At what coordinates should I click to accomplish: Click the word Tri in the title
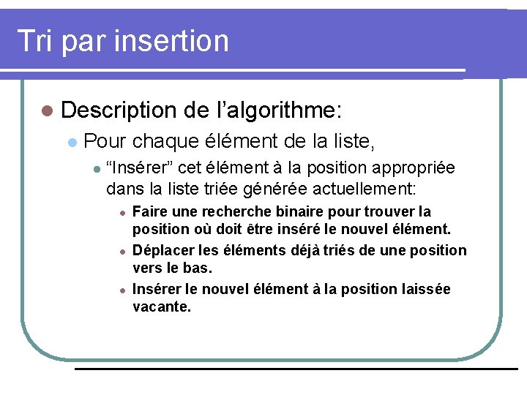[x=34, y=40]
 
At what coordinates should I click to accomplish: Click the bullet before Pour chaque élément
[x=71, y=140]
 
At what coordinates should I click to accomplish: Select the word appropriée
[x=412, y=168]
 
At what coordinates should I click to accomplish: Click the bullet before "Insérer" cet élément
[x=95, y=169]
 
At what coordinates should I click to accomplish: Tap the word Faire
[x=151, y=212]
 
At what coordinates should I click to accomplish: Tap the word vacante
[x=162, y=307]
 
